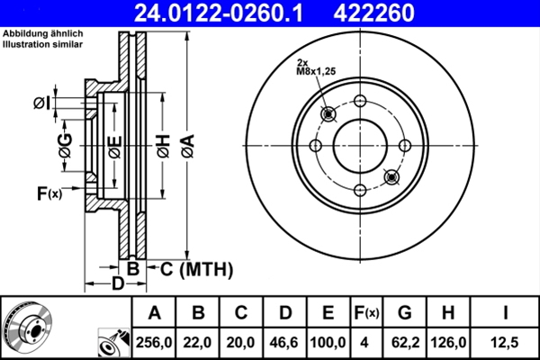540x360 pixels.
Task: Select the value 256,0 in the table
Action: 155,343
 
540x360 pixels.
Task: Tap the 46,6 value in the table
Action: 285,343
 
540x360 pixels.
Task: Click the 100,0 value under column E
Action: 328,343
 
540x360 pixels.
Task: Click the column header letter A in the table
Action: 155,313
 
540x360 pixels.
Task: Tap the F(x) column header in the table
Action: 365,313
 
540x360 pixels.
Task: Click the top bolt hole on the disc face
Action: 360,101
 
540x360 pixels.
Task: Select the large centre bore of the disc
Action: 360,145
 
